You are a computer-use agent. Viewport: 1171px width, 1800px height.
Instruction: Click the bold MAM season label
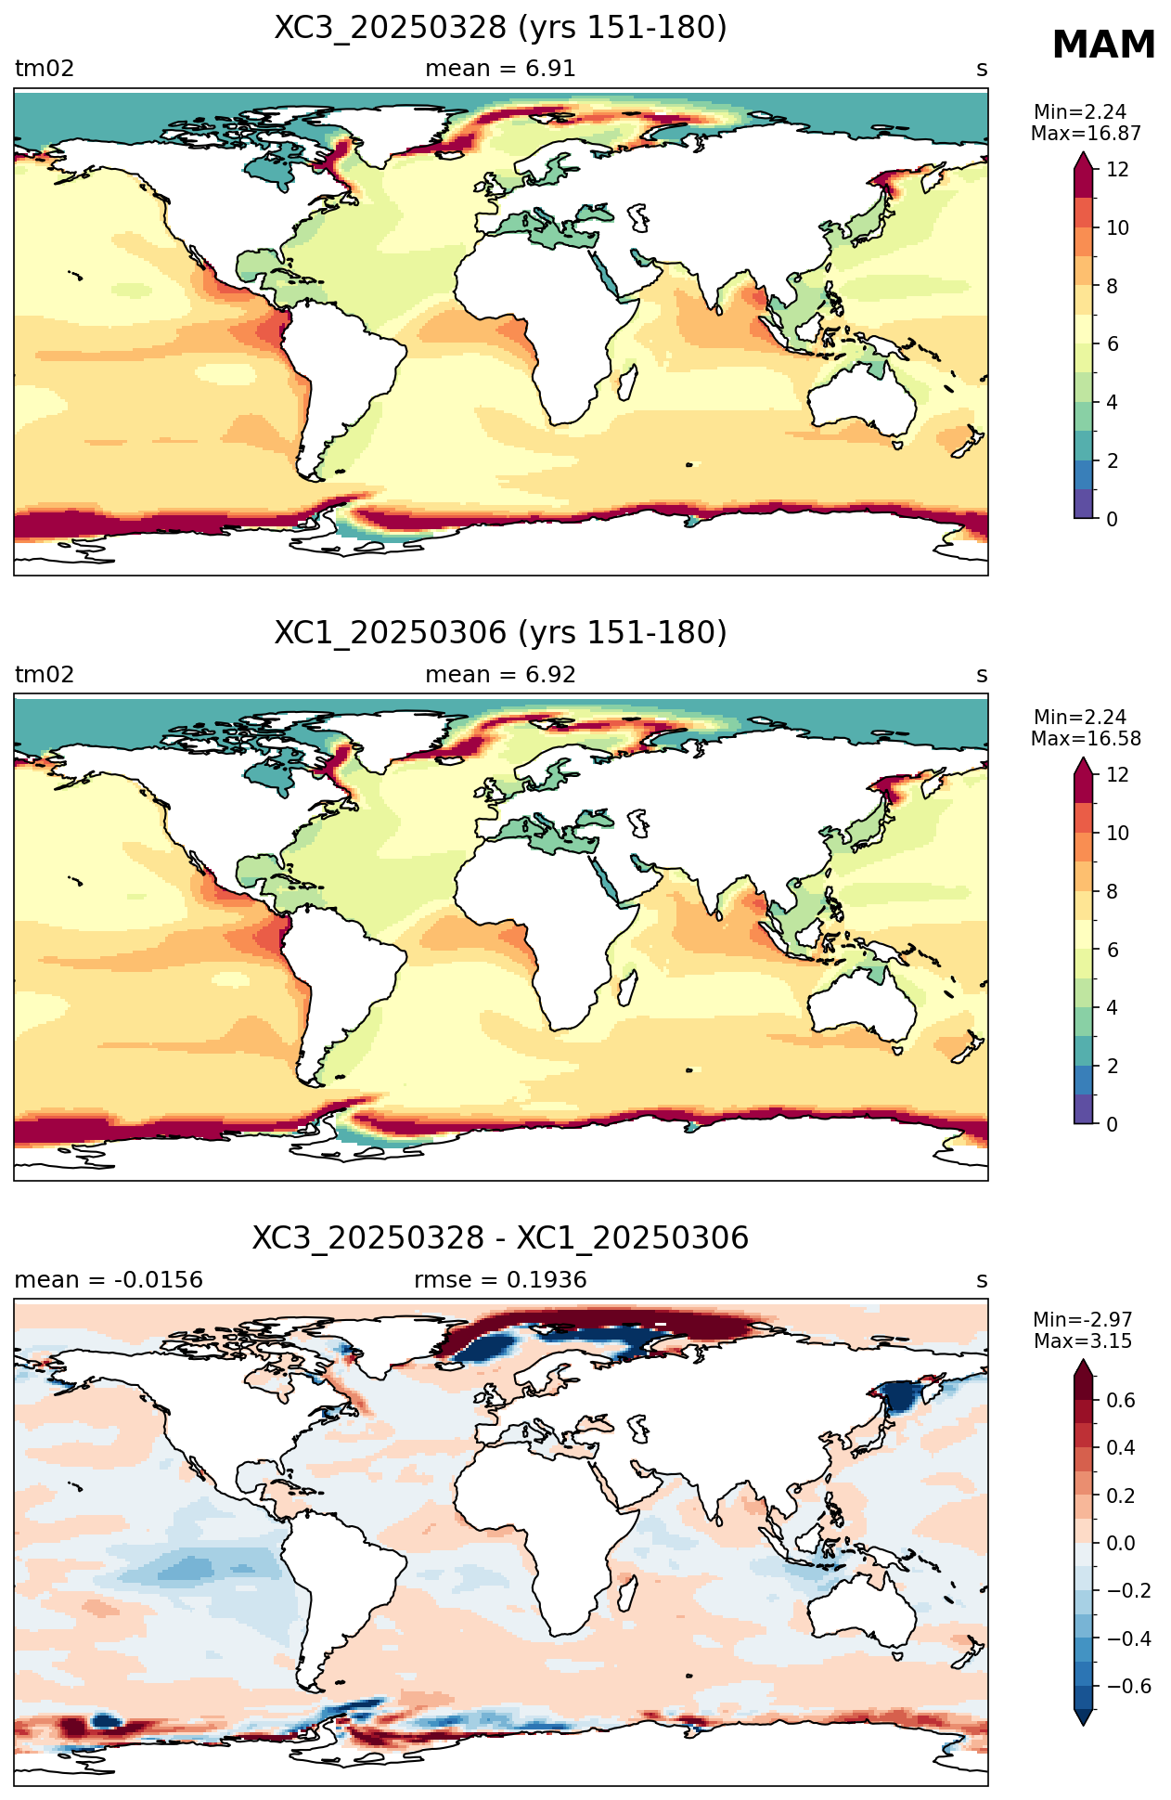1103,45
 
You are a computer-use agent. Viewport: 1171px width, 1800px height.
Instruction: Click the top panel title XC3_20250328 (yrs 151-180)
500,28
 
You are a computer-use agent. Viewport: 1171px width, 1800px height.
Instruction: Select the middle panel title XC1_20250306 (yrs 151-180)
500,633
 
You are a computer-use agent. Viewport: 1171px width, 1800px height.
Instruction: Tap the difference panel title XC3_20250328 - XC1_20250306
500,1238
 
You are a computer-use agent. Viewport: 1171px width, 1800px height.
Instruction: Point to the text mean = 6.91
500,69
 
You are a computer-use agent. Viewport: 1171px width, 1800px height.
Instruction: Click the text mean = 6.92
500,675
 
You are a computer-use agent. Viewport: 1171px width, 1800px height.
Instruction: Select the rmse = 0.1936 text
500,1280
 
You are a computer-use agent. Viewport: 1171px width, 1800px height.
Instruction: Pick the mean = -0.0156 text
109,1280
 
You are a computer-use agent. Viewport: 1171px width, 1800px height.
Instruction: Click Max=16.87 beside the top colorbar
1086,134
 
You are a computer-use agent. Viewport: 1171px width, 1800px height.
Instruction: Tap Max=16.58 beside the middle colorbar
1086,739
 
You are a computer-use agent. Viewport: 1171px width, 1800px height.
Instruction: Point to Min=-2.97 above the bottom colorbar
1083,1320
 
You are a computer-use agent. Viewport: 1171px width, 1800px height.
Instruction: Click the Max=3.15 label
1083,1341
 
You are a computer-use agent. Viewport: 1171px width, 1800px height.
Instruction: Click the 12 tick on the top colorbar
1117,170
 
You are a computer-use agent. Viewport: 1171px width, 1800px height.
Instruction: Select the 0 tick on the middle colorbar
1112,1124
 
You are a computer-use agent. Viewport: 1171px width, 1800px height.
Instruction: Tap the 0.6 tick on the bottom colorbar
1121,1400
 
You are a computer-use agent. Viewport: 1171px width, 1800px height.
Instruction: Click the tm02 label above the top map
45,69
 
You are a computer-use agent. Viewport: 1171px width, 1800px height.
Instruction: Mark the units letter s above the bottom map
982,1281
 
